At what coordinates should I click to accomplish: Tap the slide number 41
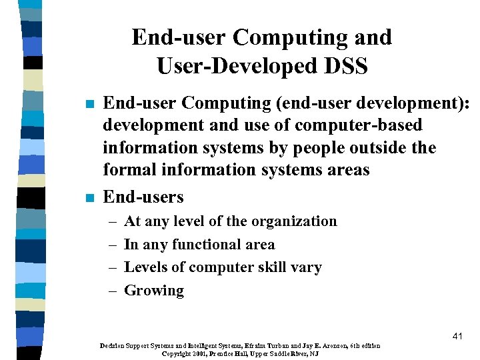pyautogui.click(x=457, y=337)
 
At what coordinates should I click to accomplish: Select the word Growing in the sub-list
pyautogui.click(x=154, y=291)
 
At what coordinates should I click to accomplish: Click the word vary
pyautogui.click(x=307, y=268)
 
